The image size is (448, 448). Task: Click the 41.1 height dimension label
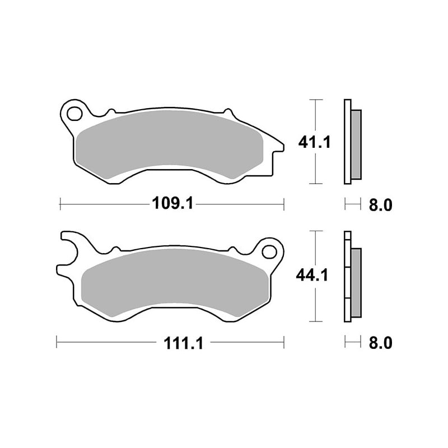point(314,142)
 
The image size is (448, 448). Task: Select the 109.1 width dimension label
point(172,204)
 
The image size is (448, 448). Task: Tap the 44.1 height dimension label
point(312,276)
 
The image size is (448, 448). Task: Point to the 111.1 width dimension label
point(183,343)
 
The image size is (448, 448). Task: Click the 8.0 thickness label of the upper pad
point(381,205)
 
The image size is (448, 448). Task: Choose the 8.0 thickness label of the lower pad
point(381,343)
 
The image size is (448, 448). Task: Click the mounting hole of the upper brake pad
point(74,114)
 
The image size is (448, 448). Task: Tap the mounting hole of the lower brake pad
point(269,251)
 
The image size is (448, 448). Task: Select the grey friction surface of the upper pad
point(169,144)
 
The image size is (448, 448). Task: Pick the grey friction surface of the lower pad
point(175,282)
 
